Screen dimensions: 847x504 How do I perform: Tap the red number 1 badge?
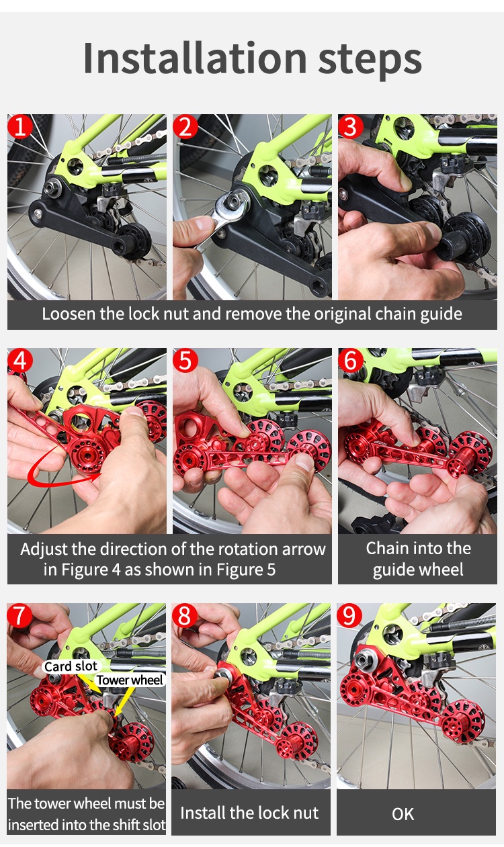coord(20,126)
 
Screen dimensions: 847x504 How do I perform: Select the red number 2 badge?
coord(185,126)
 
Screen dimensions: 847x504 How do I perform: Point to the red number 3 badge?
coord(350,126)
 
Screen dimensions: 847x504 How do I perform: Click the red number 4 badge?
coord(20,361)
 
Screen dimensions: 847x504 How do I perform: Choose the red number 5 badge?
coord(185,361)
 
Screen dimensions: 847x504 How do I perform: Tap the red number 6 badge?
coord(350,361)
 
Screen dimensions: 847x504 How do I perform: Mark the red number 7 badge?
coord(20,615)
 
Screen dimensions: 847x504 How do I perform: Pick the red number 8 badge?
coord(185,615)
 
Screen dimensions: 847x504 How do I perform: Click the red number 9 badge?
coord(350,615)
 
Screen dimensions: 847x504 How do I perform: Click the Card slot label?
coord(71,666)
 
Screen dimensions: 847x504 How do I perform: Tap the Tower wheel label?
coord(130,680)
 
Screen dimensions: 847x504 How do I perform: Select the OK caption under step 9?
coord(403,814)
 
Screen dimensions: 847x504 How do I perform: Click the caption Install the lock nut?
coord(249,813)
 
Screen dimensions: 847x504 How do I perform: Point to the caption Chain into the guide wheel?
coord(418,559)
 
